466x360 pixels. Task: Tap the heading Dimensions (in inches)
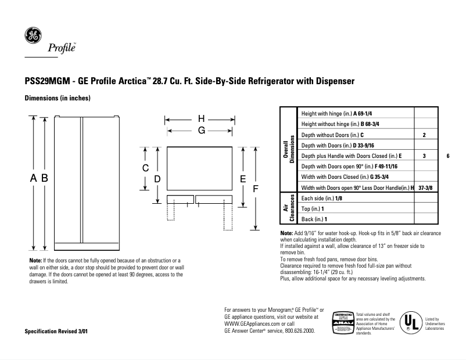(x=57, y=98)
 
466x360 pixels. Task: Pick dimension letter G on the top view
(x=201, y=131)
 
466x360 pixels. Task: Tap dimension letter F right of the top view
(x=254, y=189)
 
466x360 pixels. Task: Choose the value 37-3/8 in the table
(x=425, y=188)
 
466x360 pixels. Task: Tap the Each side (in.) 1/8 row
(x=322, y=199)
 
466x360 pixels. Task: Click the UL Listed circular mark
(x=411, y=323)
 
